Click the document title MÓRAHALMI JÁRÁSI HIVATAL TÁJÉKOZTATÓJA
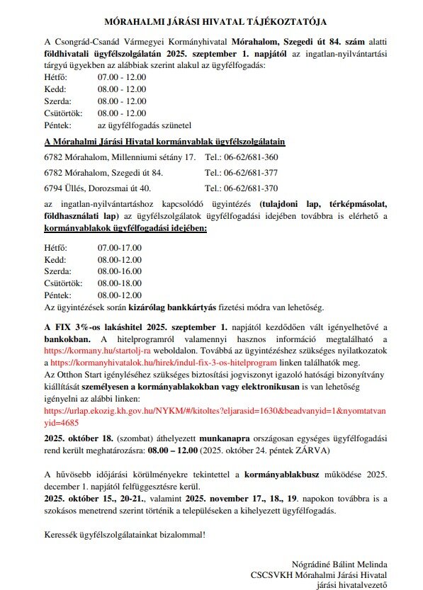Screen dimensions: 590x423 [x=210, y=23]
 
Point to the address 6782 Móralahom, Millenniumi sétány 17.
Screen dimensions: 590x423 [x=120, y=157]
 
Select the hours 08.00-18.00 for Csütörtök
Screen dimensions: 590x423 [x=120, y=283]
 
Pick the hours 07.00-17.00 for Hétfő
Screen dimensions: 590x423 [x=120, y=247]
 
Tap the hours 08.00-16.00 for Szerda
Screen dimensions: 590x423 [x=120, y=271]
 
